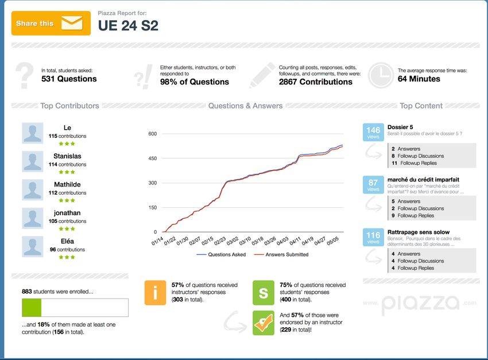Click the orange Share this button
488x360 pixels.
(51, 23)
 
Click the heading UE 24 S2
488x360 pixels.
(128, 25)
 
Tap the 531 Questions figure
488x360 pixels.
(69, 79)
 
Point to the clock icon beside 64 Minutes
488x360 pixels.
(379, 75)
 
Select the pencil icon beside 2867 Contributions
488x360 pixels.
(262, 75)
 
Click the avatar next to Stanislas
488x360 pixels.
(32, 161)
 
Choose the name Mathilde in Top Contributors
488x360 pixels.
(67, 184)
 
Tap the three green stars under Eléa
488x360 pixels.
(67, 257)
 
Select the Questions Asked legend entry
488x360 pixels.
(221, 254)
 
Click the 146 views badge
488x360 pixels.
(373, 133)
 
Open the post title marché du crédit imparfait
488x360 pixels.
(423, 180)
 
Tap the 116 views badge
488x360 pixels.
(373, 237)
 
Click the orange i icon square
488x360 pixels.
(155, 293)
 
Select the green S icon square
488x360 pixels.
(264, 293)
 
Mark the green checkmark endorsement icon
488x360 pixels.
(264, 323)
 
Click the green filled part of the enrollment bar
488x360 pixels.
(32, 308)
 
